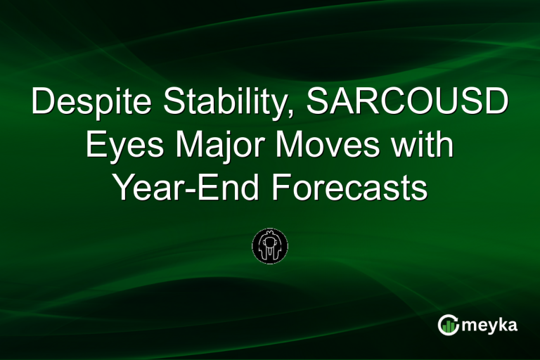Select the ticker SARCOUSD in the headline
tap(409, 104)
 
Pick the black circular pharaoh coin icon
tap(270, 245)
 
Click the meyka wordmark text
tap(489, 325)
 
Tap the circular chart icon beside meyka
tap(449, 325)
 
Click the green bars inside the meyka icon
tap(449, 327)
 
